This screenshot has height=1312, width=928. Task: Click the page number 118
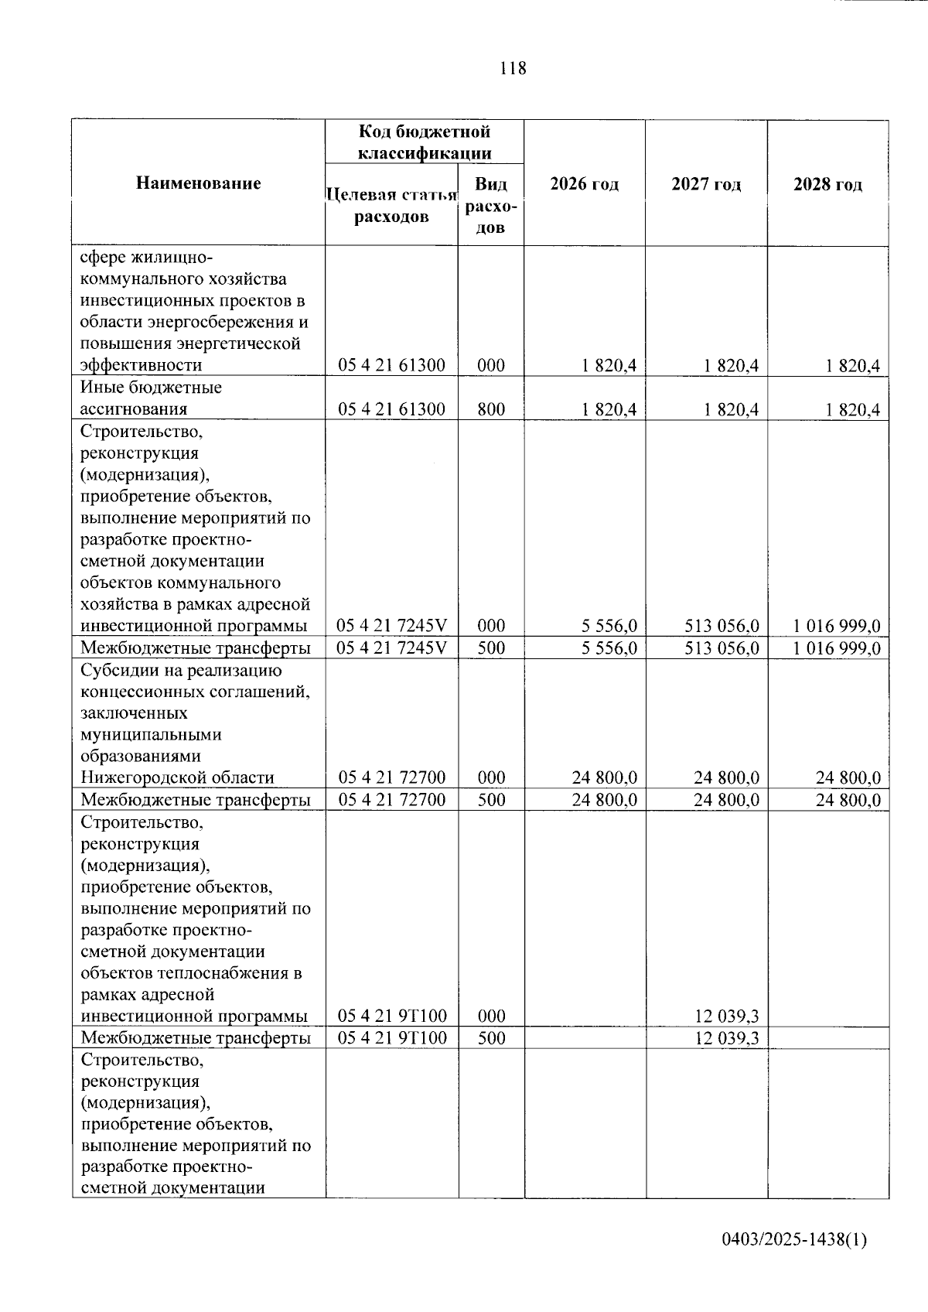click(513, 68)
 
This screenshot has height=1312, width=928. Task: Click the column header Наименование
click(199, 183)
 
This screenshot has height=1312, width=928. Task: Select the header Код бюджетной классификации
click(425, 142)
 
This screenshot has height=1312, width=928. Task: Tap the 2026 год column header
click(585, 184)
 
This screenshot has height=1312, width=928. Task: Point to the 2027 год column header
click(706, 184)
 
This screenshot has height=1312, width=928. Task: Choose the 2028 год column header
click(827, 184)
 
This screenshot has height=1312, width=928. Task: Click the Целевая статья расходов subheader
click(392, 205)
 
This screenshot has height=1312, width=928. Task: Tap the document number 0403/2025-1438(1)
click(794, 1239)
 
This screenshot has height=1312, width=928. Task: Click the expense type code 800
click(491, 409)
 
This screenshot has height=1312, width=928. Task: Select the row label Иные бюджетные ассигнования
click(151, 398)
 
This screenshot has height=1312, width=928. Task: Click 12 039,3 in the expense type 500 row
click(727, 1038)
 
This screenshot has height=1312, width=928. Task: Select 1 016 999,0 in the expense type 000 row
click(837, 626)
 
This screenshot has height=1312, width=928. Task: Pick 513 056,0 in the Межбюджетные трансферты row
click(722, 647)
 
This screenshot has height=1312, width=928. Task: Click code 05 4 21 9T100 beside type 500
click(392, 1038)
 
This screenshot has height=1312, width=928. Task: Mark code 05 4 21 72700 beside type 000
click(392, 777)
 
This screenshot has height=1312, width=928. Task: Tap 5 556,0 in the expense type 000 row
click(609, 626)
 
